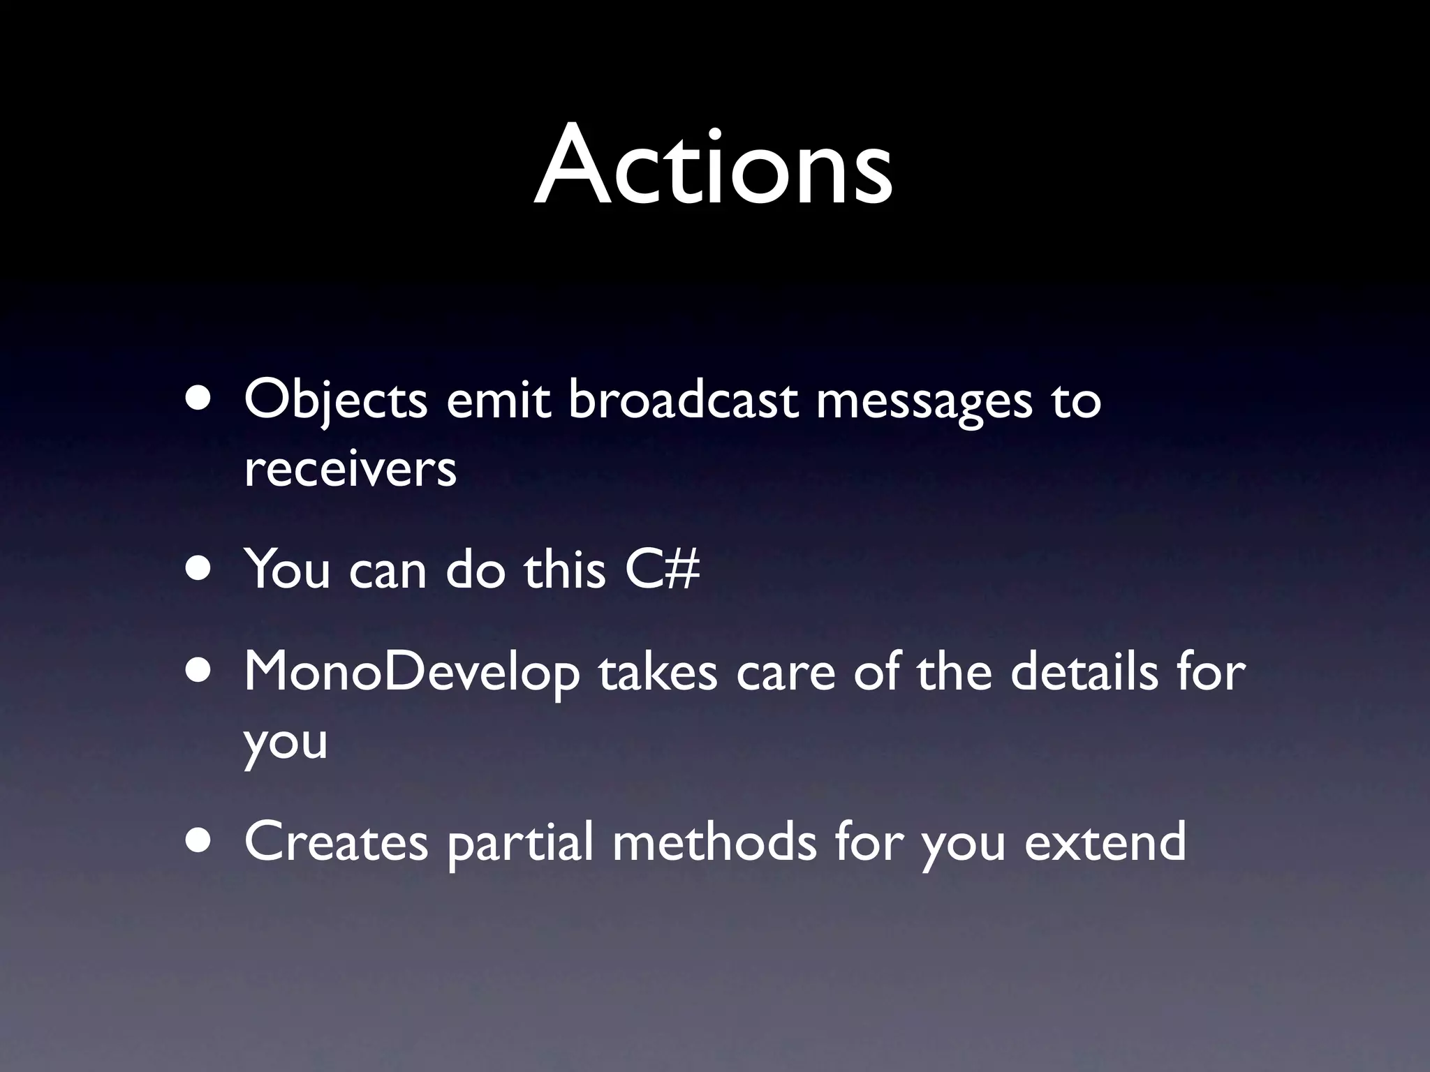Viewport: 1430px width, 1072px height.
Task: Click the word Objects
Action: [335, 401]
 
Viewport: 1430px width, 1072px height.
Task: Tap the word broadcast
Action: [682, 401]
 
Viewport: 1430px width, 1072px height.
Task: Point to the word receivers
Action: [350, 468]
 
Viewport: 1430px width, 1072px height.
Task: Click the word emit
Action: [498, 401]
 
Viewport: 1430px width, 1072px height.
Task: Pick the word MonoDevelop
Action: [411, 673]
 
